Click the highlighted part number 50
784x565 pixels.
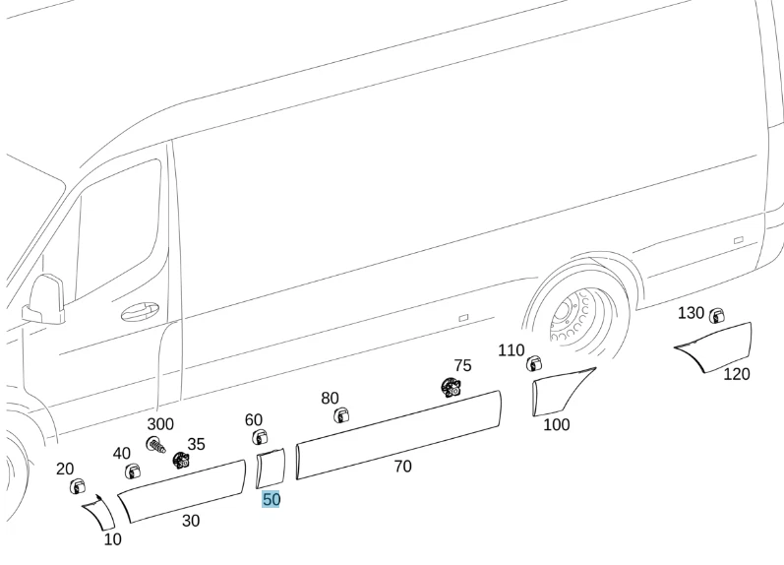coord(271,500)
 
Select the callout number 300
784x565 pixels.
coord(160,424)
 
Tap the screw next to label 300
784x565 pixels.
coord(155,445)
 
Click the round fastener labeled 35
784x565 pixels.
coord(181,460)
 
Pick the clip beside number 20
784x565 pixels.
coord(77,485)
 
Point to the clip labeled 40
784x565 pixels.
coord(132,471)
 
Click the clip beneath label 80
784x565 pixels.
coord(340,416)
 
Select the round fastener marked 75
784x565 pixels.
coord(452,387)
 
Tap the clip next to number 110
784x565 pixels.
coord(534,363)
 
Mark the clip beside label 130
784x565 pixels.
coord(717,315)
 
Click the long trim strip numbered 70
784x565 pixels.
coord(398,434)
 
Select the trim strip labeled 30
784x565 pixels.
coord(181,490)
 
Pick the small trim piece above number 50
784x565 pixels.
coord(270,469)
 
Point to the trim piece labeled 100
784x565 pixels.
coord(561,391)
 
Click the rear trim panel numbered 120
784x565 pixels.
coord(716,346)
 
